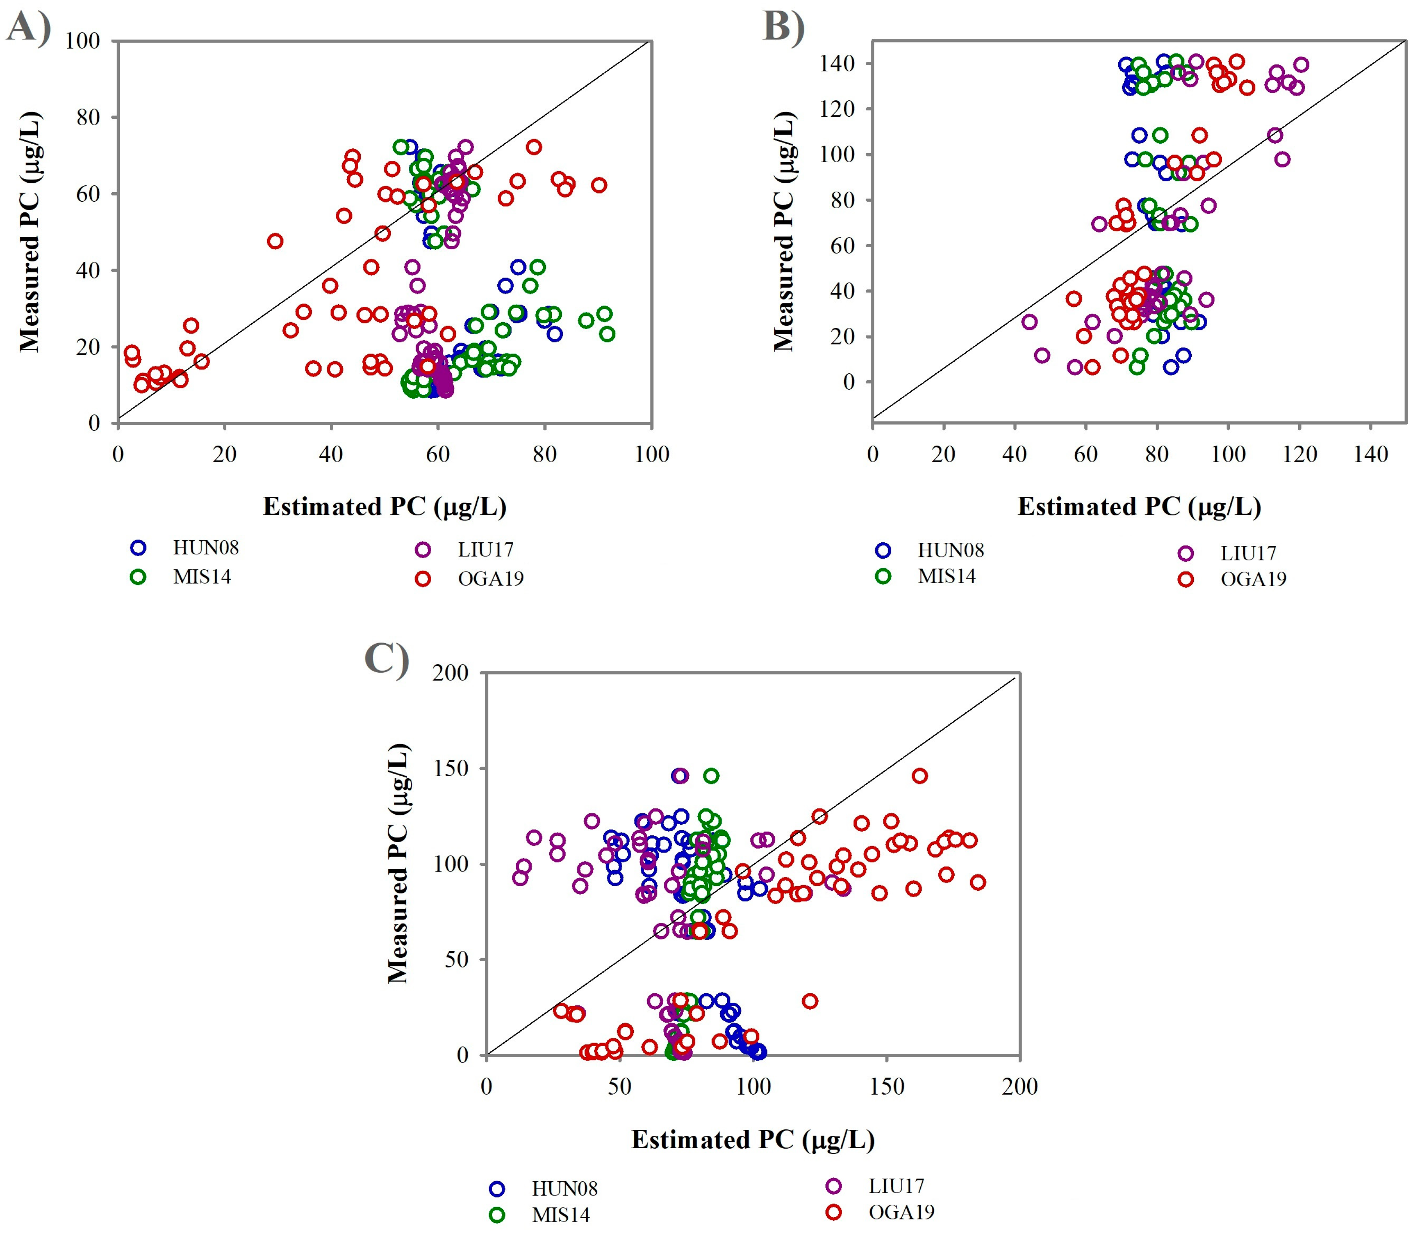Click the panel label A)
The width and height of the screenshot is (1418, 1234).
[29, 29]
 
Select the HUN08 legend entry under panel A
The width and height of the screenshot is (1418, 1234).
[185, 548]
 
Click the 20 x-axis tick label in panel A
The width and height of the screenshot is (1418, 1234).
[225, 454]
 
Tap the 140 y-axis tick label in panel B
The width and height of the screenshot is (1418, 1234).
[837, 64]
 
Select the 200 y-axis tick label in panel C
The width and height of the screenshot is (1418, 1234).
[450, 673]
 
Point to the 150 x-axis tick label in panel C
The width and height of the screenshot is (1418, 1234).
[887, 1087]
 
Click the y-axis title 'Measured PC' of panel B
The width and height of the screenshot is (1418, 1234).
[784, 231]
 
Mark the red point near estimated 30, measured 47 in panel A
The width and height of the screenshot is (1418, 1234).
[275, 241]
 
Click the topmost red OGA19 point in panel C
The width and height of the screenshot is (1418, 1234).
[920, 775]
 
